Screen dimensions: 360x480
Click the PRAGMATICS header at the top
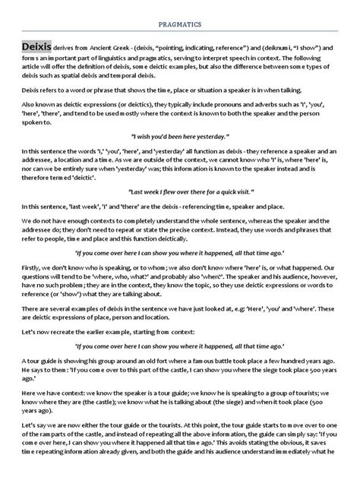pyautogui.click(x=180, y=24)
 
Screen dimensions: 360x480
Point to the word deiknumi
pyautogui.click(x=276, y=48)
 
